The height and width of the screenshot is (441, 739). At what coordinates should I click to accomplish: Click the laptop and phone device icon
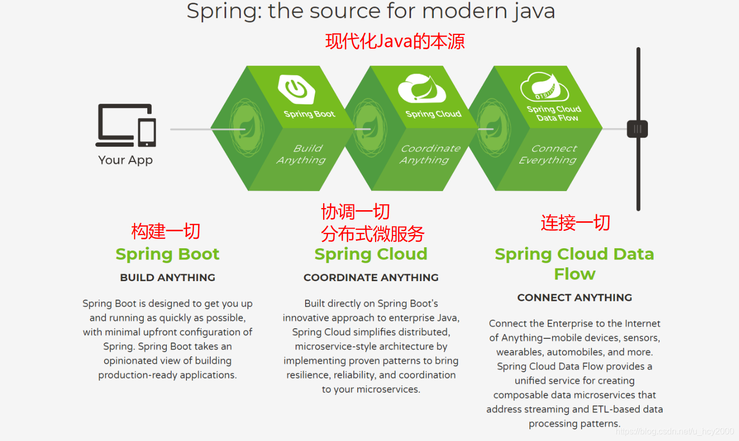126,125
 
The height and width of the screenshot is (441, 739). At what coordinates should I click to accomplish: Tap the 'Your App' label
126,160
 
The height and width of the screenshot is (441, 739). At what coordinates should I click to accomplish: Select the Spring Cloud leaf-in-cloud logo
422,88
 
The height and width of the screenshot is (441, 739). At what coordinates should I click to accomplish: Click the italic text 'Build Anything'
301,154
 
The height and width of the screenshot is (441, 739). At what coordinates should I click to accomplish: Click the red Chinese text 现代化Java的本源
395,41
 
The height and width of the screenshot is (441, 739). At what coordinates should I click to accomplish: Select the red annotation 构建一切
166,231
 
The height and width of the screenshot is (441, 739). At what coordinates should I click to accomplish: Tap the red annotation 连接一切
575,223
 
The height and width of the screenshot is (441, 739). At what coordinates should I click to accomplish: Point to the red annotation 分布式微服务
372,233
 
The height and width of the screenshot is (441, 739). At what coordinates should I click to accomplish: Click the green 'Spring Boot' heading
167,254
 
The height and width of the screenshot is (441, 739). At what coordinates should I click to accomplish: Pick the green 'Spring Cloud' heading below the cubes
371,254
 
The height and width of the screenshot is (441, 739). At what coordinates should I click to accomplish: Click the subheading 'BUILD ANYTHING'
167,277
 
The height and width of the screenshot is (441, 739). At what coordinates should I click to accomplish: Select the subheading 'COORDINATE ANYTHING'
371,277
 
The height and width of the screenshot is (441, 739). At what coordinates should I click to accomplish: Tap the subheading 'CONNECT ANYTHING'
575,298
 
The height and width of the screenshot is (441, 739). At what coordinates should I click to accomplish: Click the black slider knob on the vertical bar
637,129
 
